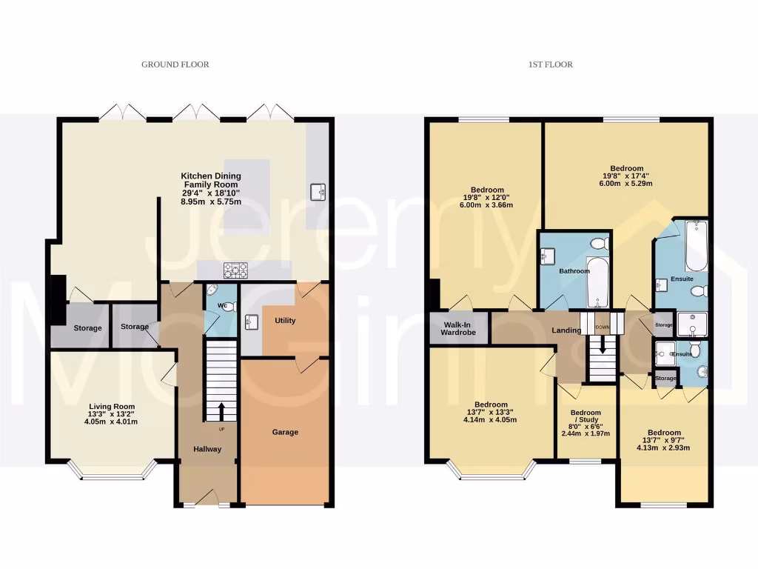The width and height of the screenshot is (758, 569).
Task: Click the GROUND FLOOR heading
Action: (x=175, y=64)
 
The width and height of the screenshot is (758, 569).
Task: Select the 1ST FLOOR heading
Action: (x=550, y=64)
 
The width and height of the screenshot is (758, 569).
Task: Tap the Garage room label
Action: (x=285, y=432)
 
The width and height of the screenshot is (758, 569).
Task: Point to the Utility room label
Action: (x=285, y=321)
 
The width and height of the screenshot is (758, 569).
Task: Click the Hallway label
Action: (x=207, y=449)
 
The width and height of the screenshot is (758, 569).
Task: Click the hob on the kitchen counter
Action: (x=236, y=270)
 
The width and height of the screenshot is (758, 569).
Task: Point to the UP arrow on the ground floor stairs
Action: (x=221, y=410)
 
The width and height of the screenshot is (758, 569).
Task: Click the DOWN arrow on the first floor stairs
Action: (x=603, y=345)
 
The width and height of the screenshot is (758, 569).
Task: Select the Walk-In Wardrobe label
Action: (x=459, y=328)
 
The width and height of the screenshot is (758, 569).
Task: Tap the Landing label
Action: (x=566, y=330)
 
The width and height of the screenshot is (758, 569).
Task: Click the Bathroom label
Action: (x=574, y=271)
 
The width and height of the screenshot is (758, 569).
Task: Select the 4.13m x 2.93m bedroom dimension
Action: (x=664, y=447)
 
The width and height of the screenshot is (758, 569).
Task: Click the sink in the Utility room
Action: (x=251, y=322)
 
